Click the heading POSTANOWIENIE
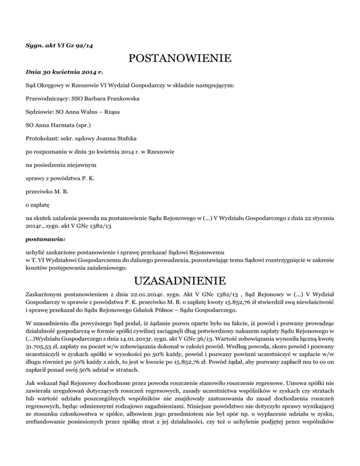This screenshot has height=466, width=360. coord(180,59)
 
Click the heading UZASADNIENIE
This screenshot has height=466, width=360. coord(180,282)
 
